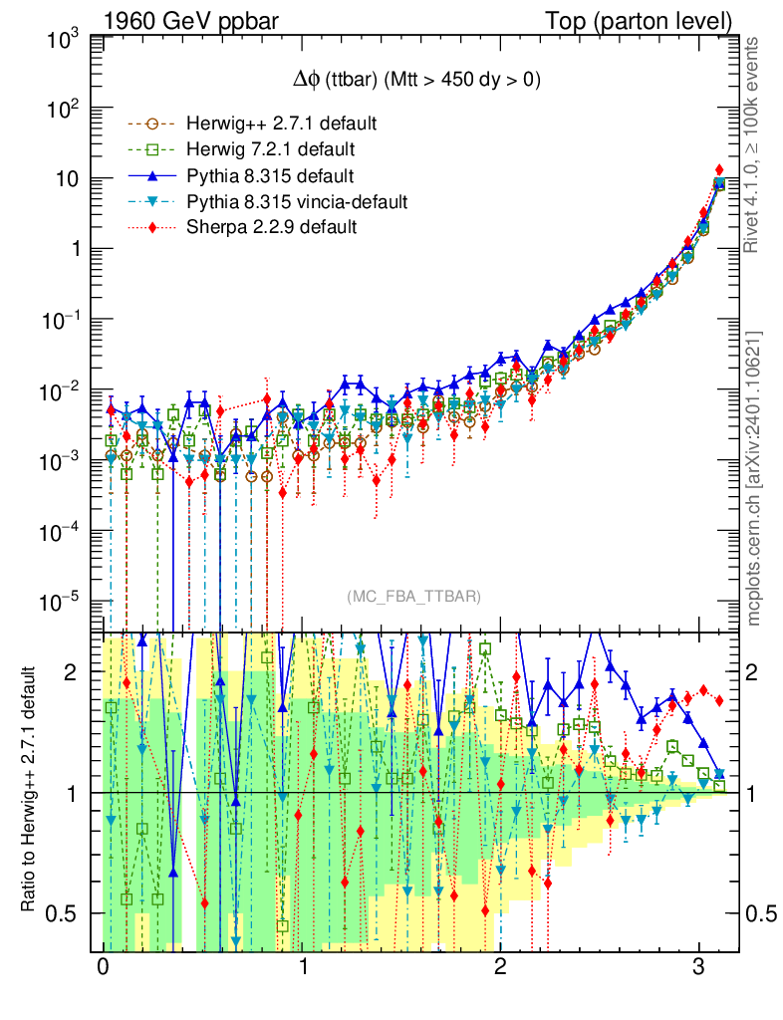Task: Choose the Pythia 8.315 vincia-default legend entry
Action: tap(296, 202)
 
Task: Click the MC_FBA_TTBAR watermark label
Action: tap(413, 597)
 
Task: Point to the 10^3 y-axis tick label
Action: tap(63, 40)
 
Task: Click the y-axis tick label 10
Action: tap(68, 180)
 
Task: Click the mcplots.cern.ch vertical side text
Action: tap(754, 478)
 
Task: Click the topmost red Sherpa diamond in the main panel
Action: tap(719, 170)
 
